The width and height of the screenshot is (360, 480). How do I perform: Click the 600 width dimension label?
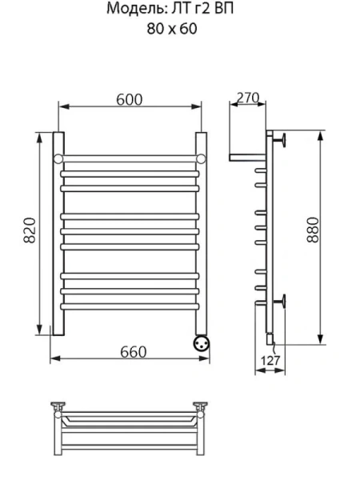pyautogui.click(x=129, y=99)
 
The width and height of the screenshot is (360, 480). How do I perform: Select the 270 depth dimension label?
pyautogui.click(x=247, y=98)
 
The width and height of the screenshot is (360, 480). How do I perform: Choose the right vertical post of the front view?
pyautogui.click(x=201, y=232)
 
